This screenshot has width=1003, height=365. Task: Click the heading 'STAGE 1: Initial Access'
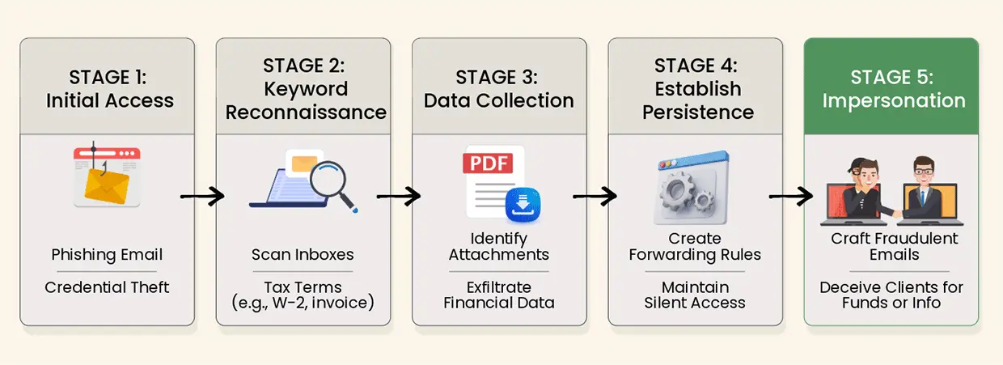pos(109,89)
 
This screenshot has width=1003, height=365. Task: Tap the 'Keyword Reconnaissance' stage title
pos(306,100)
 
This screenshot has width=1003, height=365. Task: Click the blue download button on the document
pos(521,205)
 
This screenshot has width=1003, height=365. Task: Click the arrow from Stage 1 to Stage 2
pos(203,195)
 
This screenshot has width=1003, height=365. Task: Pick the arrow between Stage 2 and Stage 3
pos(399,195)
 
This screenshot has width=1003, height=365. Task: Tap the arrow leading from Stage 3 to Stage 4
pos(595,195)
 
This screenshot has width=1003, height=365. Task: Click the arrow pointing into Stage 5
pos(791,195)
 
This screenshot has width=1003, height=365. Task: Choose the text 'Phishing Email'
pos(107,255)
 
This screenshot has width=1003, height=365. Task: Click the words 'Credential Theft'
pos(107,287)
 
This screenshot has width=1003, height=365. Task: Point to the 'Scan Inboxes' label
pos(303,255)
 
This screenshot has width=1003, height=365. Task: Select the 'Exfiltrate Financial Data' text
pos(498,295)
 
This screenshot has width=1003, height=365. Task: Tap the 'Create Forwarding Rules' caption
pos(695,247)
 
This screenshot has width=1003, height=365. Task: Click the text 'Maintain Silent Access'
pos(695,295)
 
